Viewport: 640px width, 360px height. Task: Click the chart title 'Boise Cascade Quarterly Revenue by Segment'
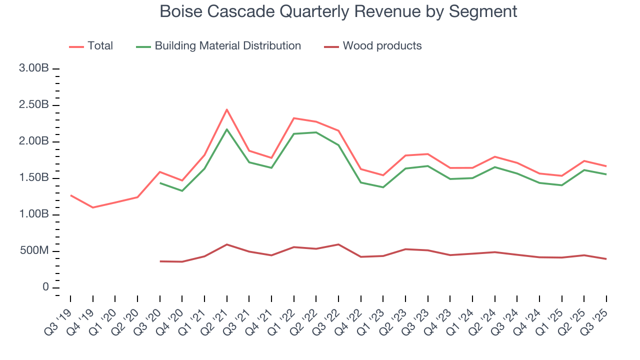(338, 11)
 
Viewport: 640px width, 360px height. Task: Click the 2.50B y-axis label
(34, 105)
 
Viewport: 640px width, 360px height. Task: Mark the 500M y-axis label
(34, 251)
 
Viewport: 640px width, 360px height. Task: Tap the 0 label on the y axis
(45, 287)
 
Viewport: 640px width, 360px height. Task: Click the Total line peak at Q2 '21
(227, 109)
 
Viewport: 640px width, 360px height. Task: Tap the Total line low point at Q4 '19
(92, 207)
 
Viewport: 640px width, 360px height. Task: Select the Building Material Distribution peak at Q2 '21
(227, 129)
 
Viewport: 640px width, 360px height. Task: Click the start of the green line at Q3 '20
(160, 183)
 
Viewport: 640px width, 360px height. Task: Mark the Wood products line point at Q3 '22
(338, 244)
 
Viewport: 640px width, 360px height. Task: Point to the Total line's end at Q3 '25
(606, 166)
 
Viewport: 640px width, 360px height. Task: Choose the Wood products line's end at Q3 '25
(606, 259)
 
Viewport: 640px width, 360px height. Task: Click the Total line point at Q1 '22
(294, 118)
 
